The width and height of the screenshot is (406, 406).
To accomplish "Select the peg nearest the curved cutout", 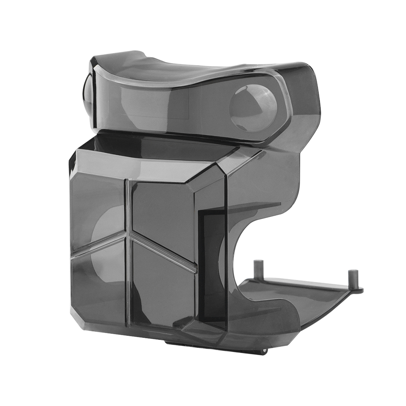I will click(257, 270).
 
